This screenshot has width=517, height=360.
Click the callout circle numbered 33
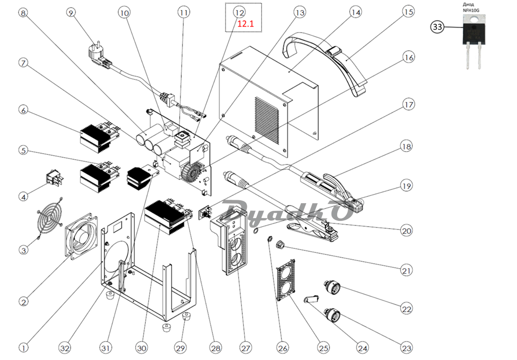click(x=438, y=26)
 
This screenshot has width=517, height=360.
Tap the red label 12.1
click(x=246, y=24)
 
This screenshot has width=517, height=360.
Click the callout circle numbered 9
click(x=71, y=12)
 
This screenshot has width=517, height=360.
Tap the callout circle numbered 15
click(x=408, y=12)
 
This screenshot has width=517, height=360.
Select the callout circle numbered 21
click(x=406, y=270)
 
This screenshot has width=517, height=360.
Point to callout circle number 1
click(x=23, y=348)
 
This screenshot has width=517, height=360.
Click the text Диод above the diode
click(x=469, y=5)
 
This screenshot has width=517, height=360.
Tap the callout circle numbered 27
click(x=245, y=348)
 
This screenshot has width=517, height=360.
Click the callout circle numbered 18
click(x=406, y=146)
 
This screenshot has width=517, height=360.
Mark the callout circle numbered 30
click(x=142, y=348)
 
